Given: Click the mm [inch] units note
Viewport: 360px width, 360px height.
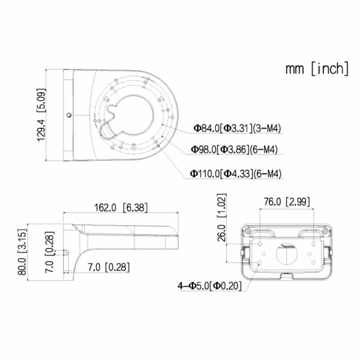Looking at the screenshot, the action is point(317,68).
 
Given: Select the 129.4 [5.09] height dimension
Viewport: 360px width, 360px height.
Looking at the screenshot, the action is point(41,115).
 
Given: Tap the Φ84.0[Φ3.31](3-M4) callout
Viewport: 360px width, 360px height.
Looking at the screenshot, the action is point(238,128).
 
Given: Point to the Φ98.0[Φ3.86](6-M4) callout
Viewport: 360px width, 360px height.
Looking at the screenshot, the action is point(235,149).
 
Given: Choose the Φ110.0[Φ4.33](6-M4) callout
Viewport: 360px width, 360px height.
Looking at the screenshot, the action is point(236,173).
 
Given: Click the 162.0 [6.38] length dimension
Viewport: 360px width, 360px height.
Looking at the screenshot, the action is point(121,208).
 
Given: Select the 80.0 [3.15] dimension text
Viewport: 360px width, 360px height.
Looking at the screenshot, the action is point(22,252).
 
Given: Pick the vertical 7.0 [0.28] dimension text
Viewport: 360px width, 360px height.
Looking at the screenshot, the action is point(50,252).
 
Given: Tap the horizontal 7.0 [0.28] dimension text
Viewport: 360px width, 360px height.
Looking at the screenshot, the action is point(109,267).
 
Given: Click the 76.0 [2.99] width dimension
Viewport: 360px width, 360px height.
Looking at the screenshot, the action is point(287,202).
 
